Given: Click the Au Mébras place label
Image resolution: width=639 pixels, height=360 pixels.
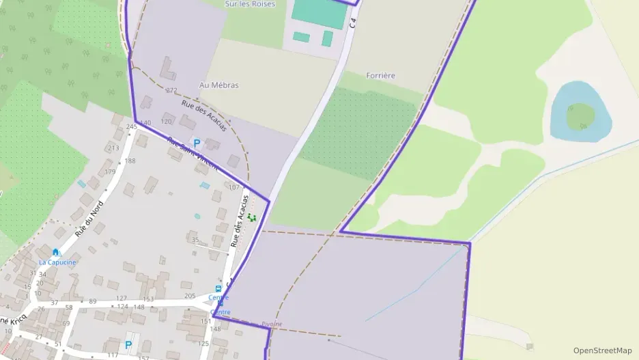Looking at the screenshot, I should (218, 85).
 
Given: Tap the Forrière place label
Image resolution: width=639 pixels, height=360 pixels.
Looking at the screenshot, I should (381, 75).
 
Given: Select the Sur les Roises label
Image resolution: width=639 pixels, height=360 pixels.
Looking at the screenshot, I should (250, 4).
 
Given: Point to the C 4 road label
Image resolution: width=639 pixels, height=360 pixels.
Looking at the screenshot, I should (352, 22).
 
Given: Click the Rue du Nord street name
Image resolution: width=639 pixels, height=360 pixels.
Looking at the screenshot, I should (89, 219).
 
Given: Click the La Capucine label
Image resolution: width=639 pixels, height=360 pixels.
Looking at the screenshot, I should (57, 262).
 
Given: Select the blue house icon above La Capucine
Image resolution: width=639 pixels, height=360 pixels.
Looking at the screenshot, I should (55, 253).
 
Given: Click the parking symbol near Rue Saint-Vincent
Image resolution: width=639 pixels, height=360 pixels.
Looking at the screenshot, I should (197, 143).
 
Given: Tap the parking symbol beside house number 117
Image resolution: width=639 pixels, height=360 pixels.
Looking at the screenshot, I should (128, 345).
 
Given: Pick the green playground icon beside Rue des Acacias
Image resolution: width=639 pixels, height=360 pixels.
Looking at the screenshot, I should (252, 217).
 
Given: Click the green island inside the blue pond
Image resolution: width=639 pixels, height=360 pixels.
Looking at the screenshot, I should (580, 115).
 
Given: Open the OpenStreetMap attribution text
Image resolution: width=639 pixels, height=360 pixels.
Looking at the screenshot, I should (602, 350).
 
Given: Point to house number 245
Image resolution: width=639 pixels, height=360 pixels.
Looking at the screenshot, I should (132, 126).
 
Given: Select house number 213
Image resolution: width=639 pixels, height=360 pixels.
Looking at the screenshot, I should (113, 148).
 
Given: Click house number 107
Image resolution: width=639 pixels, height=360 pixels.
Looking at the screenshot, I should (233, 187).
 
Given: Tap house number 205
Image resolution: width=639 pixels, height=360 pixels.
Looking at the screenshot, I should (190, 296).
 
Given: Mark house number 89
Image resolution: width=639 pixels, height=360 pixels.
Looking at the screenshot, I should (93, 301).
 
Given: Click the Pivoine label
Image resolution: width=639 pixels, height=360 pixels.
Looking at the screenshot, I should (271, 324).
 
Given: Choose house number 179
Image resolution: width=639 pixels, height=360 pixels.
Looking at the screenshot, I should (110, 172).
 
